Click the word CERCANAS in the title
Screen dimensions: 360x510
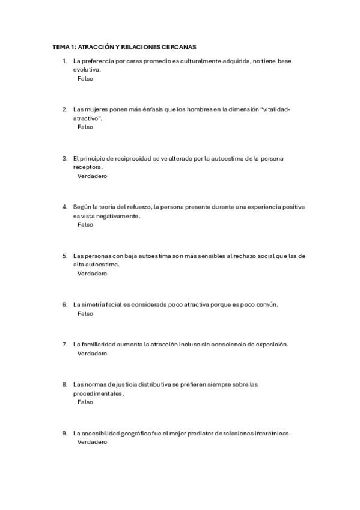tap(179, 46)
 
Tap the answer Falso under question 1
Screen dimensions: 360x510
tap(85, 78)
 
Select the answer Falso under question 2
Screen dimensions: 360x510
tap(85, 127)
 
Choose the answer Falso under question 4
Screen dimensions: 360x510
tap(85, 224)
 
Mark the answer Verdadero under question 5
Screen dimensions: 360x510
tap(92, 274)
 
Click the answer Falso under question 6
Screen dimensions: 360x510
tap(85, 313)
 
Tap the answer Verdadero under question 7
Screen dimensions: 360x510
tap(92, 354)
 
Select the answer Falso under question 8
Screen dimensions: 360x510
tap(85, 402)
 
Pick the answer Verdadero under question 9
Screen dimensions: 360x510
tap(92, 442)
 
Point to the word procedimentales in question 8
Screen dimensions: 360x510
tap(99, 393)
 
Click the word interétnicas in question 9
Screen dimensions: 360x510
tap(273, 433)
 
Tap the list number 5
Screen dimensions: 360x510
tap(65, 256)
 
